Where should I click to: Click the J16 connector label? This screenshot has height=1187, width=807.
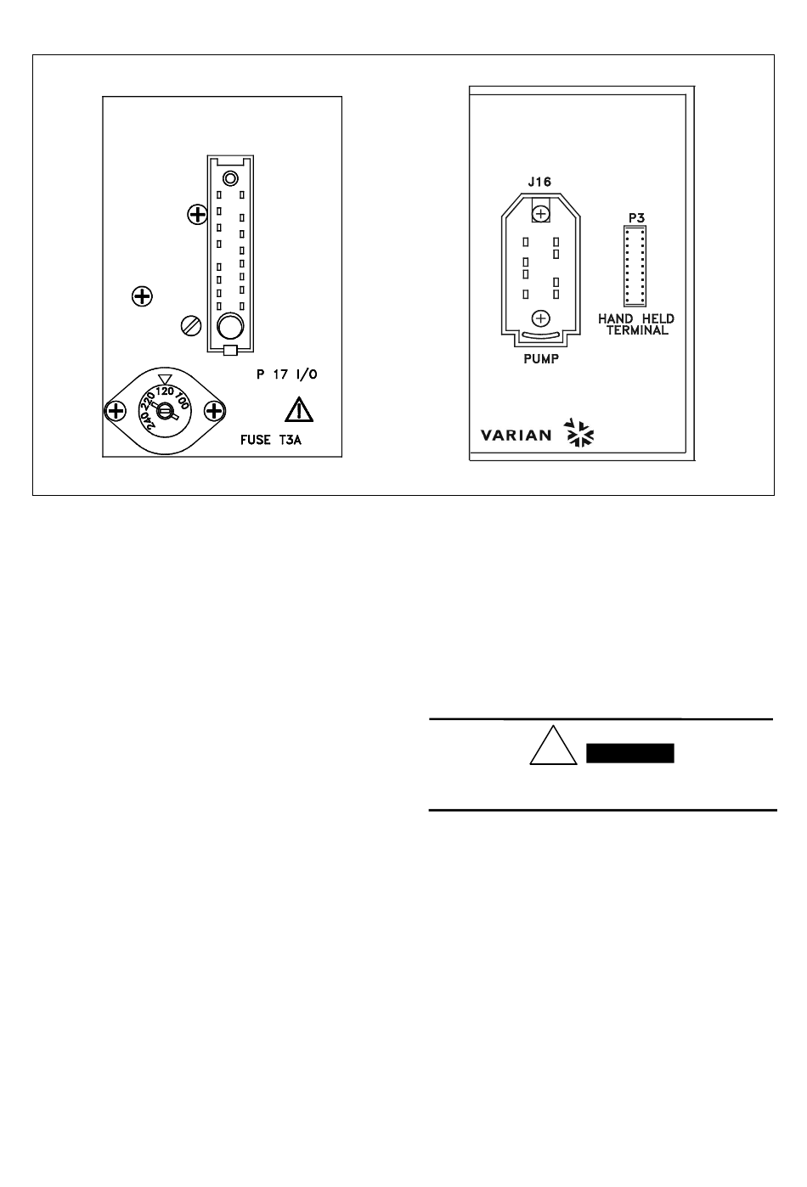(x=539, y=181)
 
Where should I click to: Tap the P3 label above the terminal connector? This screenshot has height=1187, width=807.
(x=636, y=218)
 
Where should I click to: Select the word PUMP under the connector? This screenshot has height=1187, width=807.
(x=540, y=358)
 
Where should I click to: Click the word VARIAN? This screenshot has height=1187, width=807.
(x=516, y=436)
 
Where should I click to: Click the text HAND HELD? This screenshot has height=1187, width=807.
(x=635, y=319)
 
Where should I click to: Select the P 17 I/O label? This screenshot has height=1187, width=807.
(x=292, y=374)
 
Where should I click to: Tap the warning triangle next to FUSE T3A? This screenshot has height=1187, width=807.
(x=299, y=411)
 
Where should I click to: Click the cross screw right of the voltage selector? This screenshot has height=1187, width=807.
(x=214, y=412)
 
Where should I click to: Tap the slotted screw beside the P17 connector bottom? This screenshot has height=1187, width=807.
(x=193, y=325)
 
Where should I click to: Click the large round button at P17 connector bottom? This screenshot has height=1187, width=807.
(x=229, y=326)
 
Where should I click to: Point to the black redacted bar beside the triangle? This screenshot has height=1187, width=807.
(x=630, y=754)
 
